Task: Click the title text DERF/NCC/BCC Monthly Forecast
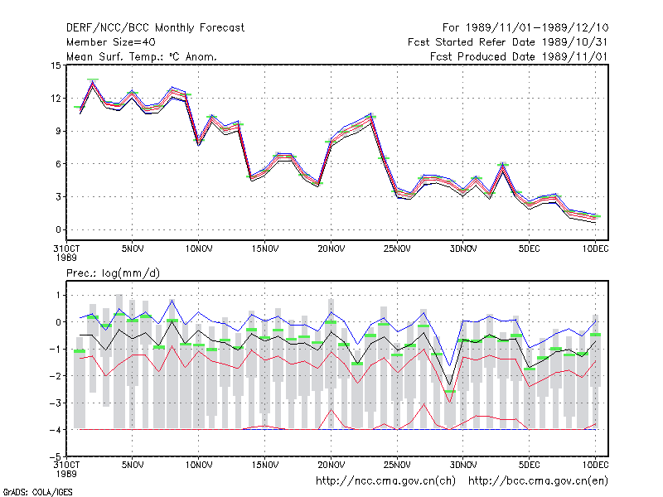[155, 28]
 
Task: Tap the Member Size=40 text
[111, 42]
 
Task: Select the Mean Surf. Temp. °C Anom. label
[141, 56]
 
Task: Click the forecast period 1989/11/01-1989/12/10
[525, 28]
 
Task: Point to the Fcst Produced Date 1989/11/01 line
[519, 56]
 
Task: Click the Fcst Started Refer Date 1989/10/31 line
[507, 42]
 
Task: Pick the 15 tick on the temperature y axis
[56, 65]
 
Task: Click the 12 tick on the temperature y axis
[56, 99]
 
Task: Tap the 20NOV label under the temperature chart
[331, 249]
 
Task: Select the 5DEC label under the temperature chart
[529, 249]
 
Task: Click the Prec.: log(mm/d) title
[113, 273]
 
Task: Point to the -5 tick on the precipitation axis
[55, 456]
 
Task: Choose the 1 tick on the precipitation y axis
[58, 295]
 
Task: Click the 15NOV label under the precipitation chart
[265, 465]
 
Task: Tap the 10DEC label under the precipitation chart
[595, 465]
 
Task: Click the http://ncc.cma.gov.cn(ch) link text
[385, 481]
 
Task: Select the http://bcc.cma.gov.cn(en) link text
[538, 481]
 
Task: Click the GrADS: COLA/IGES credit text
[37, 492]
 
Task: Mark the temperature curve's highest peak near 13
[93, 83]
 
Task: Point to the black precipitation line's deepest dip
[449, 385]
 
